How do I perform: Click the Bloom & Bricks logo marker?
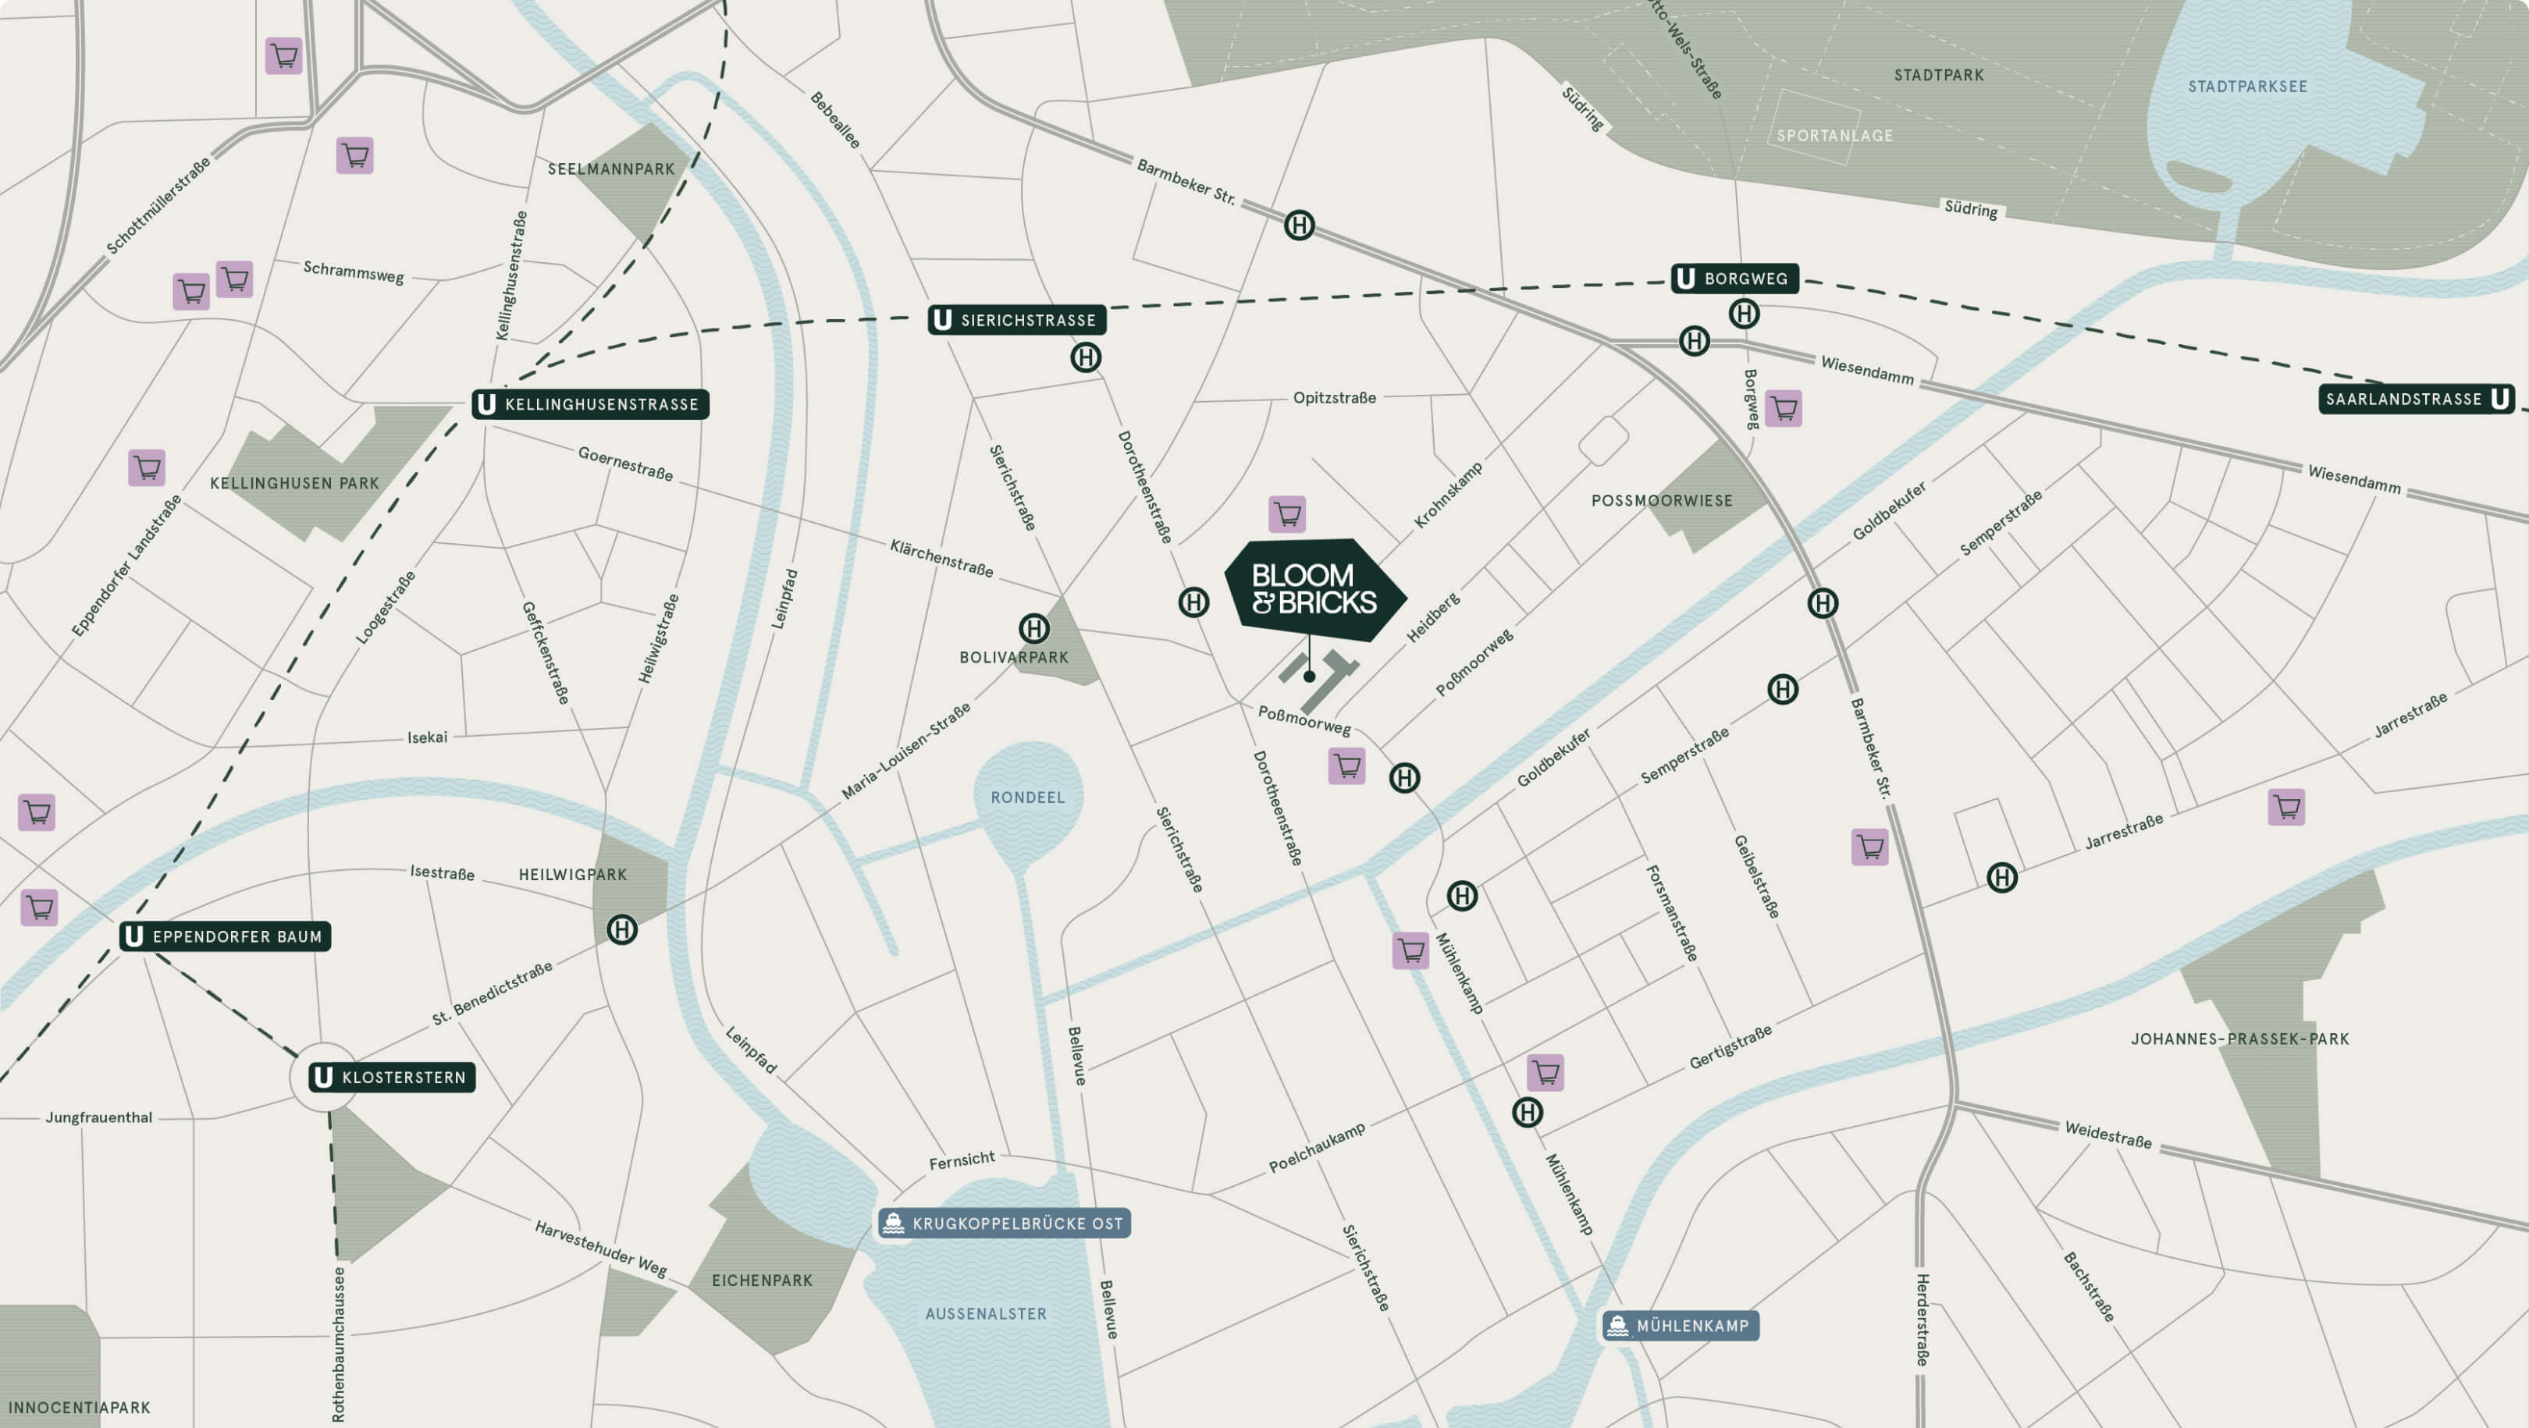coord(1314,589)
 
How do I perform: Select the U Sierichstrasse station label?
coord(1016,320)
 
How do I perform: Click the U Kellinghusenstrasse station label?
coord(590,404)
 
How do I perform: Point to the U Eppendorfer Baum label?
coord(225,936)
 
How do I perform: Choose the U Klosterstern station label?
coord(392,1078)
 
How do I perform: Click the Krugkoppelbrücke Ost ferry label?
coord(1005,1223)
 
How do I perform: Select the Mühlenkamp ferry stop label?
coord(1681,1326)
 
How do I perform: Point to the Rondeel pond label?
coord(1027,797)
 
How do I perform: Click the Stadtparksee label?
coord(2247,87)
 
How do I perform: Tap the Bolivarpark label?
coord(1013,658)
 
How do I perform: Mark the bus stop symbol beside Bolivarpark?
coord(1033,628)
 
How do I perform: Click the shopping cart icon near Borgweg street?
coord(1783,408)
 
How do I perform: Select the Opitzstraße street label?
coord(1334,397)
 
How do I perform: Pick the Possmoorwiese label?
coord(1661,500)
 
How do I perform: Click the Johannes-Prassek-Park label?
coord(2239,1039)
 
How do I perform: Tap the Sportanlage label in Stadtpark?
coord(1834,136)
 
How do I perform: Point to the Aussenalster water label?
coord(986,1313)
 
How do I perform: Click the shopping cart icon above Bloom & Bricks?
coord(1287,513)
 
